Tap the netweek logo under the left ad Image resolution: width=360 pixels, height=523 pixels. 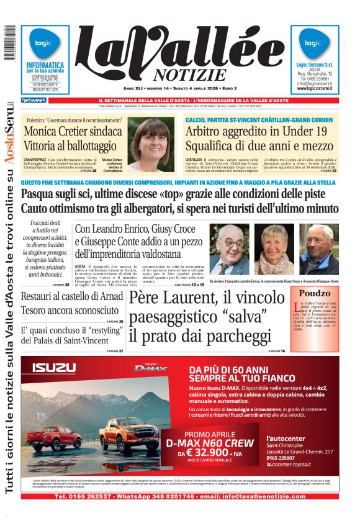[x=34, y=100]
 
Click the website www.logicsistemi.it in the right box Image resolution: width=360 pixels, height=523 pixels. [x=315, y=88]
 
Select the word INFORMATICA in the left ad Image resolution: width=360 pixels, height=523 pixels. [x=45, y=65]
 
